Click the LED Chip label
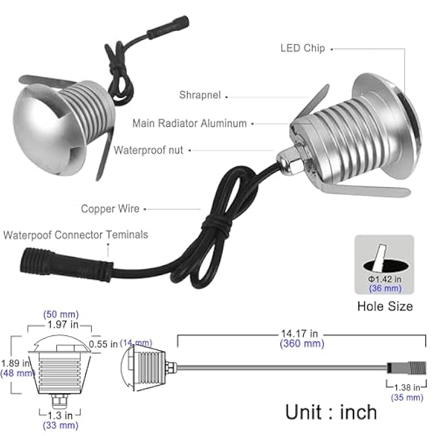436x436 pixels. tap(303, 48)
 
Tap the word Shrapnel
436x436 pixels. tap(201, 95)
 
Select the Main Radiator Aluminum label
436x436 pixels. tap(189, 123)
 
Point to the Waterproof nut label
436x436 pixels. tap(148, 150)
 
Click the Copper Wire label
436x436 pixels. tap(110, 209)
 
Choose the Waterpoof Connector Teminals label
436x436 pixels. tap(76, 235)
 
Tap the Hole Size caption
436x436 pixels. tap(384, 307)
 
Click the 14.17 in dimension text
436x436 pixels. tap(299, 333)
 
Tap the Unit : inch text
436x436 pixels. tap(331, 411)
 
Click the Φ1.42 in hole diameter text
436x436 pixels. tap(384, 279)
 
